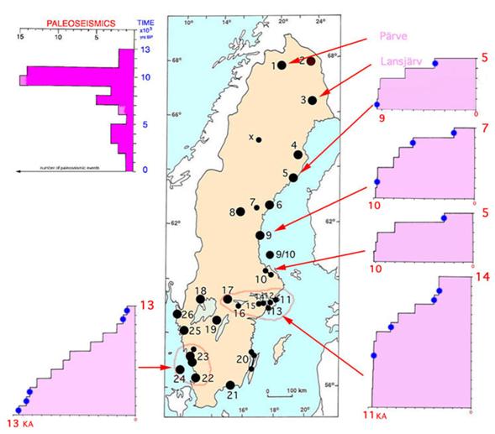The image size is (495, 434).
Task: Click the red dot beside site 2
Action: coord(311,60)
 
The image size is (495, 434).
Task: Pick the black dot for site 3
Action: coord(312,101)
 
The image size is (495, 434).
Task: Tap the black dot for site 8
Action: coord(240,212)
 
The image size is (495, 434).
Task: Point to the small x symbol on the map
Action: coord(250,137)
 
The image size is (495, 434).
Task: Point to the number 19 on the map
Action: coord(210,329)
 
